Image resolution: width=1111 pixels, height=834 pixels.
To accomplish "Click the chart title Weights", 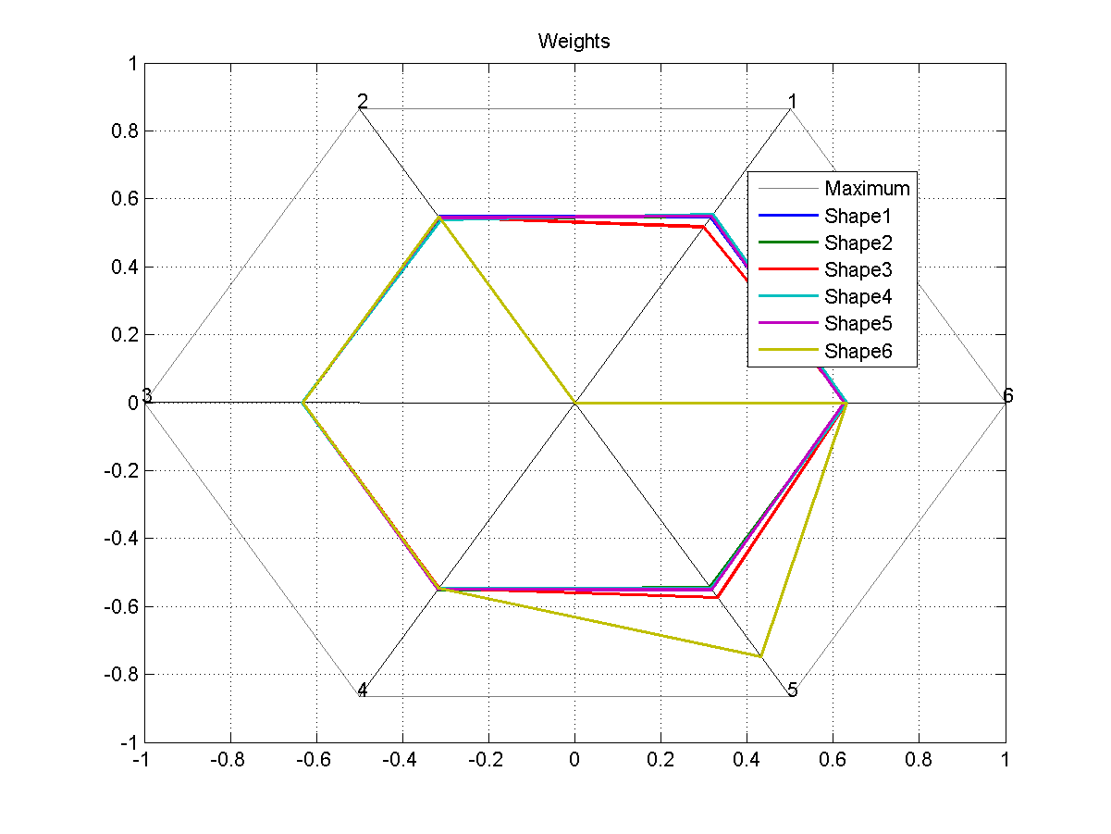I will pyautogui.click(x=574, y=42).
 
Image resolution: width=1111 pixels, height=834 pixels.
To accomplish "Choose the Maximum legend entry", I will pyautogui.click(x=867, y=189).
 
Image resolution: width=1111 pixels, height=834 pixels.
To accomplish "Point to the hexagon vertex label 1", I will pyautogui.click(x=792, y=101).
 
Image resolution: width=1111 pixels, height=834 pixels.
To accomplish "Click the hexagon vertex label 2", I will pyautogui.click(x=363, y=102).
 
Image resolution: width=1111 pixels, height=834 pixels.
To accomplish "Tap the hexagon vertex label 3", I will pyautogui.click(x=147, y=396).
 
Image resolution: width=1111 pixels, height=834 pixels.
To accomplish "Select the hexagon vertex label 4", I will pyautogui.click(x=363, y=690).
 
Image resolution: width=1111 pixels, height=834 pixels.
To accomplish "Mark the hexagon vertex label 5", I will pyautogui.click(x=792, y=690).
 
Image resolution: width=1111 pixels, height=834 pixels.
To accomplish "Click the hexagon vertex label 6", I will pyautogui.click(x=1007, y=396).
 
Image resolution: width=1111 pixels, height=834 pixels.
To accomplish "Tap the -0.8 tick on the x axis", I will pyautogui.click(x=229, y=760).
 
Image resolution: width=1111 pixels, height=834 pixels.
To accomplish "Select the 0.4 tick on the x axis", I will pyautogui.click(x=747, y=760).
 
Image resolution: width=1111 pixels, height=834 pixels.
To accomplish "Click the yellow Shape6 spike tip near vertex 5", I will pyautogui.click(x=760, y=656).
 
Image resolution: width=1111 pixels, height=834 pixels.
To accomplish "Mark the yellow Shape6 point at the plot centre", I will pyautogui.click(x=574, y=403).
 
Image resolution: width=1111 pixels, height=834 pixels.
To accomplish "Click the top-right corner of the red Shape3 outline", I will pyautogui.click(x=705, y=227).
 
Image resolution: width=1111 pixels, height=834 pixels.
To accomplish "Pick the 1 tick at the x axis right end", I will pyautogui.click(x=1005, y=760).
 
